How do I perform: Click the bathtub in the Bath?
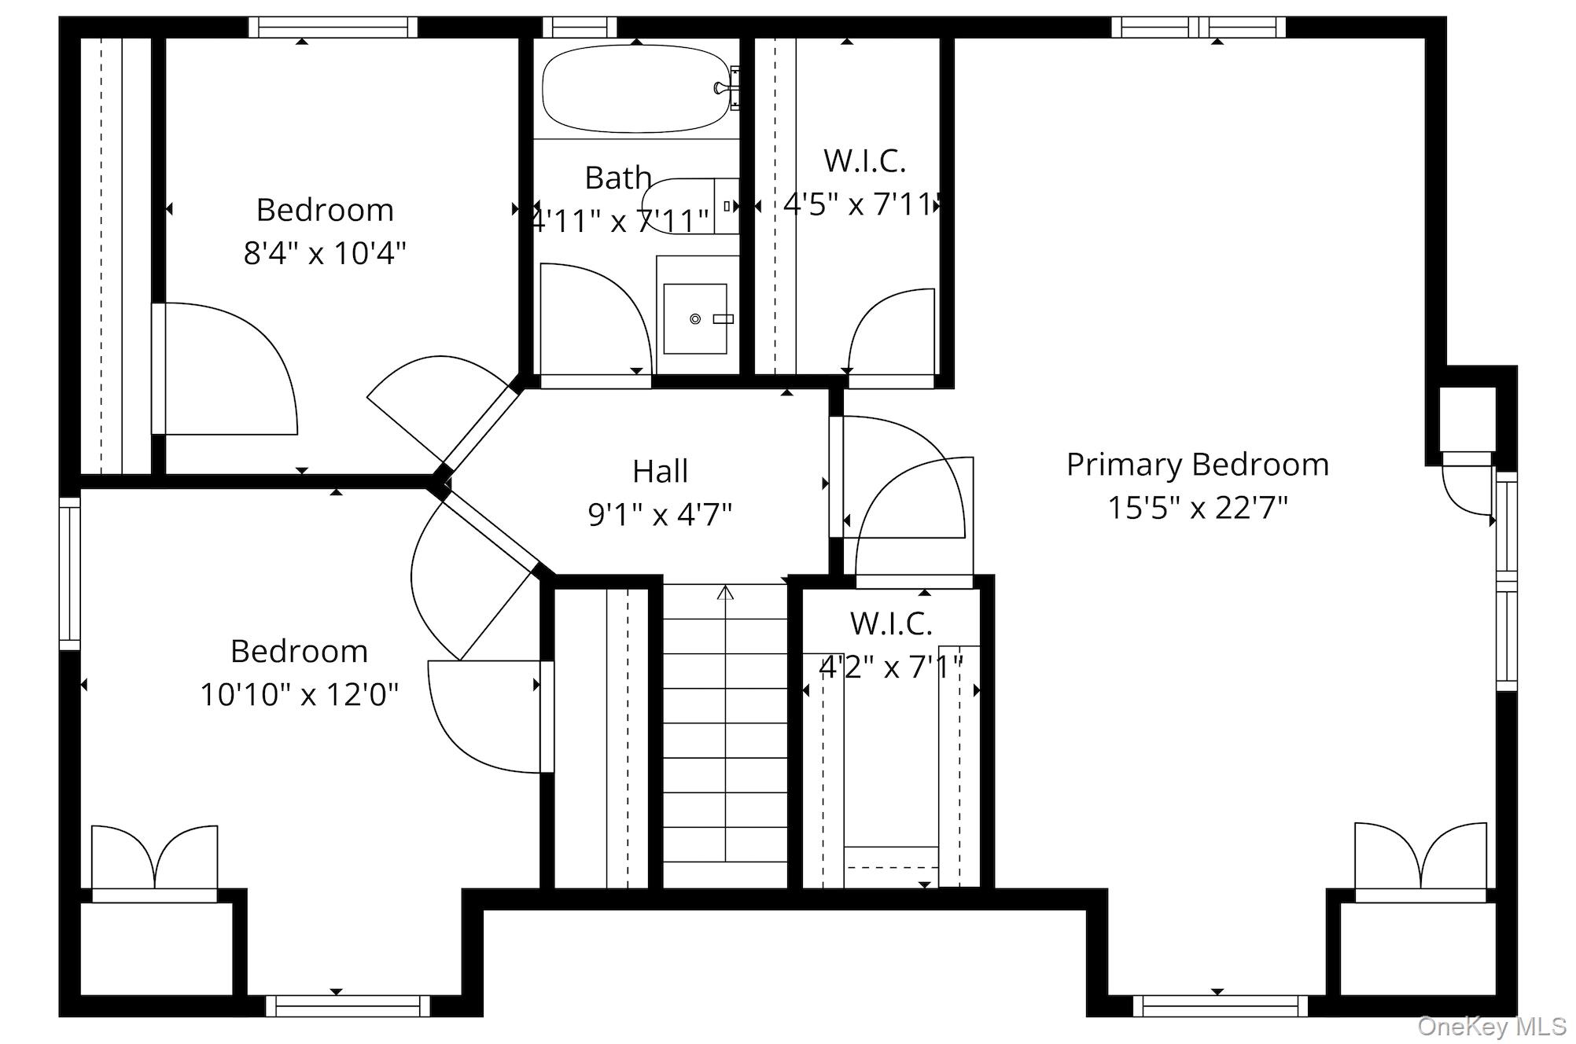[636, 88]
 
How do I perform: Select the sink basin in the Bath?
[695, 318]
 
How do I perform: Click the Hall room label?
[661, 471]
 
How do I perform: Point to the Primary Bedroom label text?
[1198, 465]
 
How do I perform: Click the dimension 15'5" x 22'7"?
[1198, 508]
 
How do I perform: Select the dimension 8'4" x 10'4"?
[325, 253]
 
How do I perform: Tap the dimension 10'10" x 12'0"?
[300, 695]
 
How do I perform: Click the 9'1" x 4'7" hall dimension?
[661, 515]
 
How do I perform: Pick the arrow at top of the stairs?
[725, 591]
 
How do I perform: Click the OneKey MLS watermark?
[1492, 1026]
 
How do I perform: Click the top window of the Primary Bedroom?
[1199, 28]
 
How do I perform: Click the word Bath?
[618, 178]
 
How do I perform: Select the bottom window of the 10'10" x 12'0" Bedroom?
[348, 1005]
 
